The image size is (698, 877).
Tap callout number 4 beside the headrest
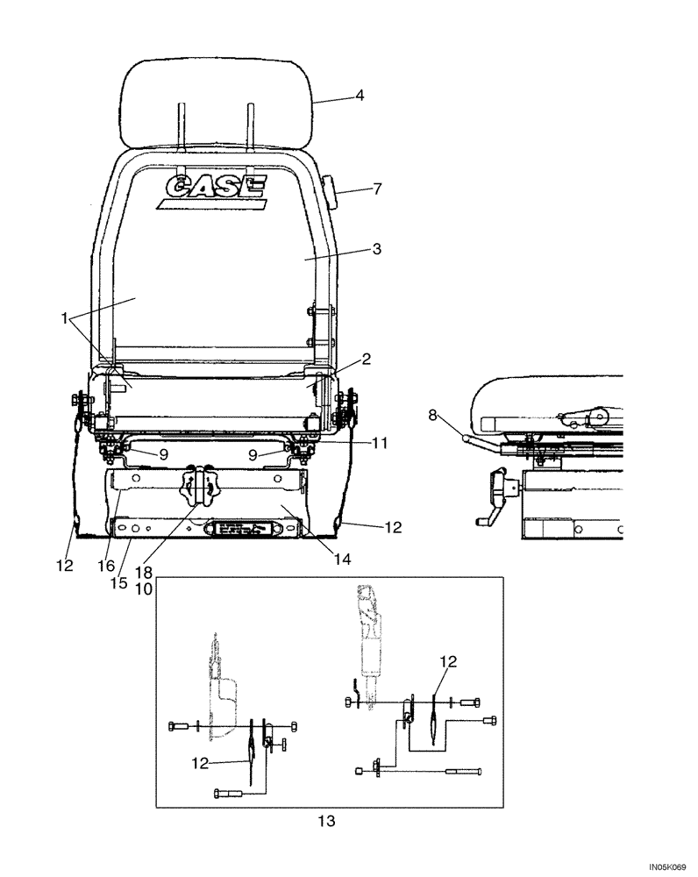(359, 96)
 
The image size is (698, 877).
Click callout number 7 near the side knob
(376, 189)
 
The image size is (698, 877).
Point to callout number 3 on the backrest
(376, 249)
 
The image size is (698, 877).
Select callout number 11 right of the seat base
(377, 445)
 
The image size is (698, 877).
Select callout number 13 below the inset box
(326, 822)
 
